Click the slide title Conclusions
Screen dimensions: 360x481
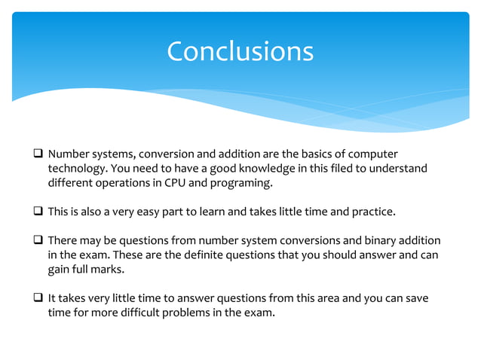coord(240,51)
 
